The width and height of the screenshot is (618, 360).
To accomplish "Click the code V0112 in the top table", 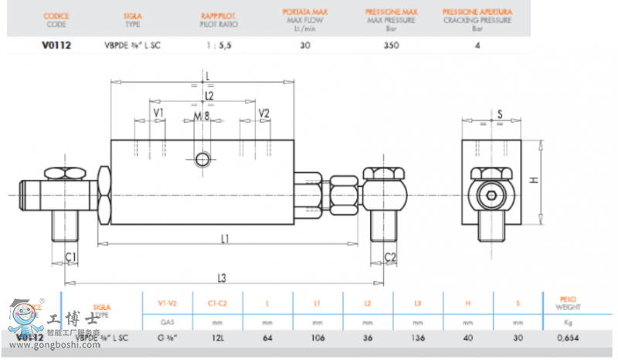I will (56, 45).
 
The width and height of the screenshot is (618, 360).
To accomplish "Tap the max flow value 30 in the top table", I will (305, 45).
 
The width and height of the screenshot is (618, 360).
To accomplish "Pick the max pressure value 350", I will (391, 45).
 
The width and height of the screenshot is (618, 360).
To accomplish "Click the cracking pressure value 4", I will (477, 45).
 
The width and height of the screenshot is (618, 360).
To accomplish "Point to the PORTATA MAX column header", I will (306, 12).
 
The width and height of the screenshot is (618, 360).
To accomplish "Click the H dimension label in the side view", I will (533, 179).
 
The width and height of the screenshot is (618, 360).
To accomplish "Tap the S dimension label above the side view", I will (500, 114).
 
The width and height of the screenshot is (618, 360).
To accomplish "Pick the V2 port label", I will (264, 114).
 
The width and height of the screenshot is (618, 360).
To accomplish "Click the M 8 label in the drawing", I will (202, 116).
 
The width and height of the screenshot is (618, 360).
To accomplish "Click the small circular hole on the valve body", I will (203, 159).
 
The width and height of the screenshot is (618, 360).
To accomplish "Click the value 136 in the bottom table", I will (418, 337).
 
